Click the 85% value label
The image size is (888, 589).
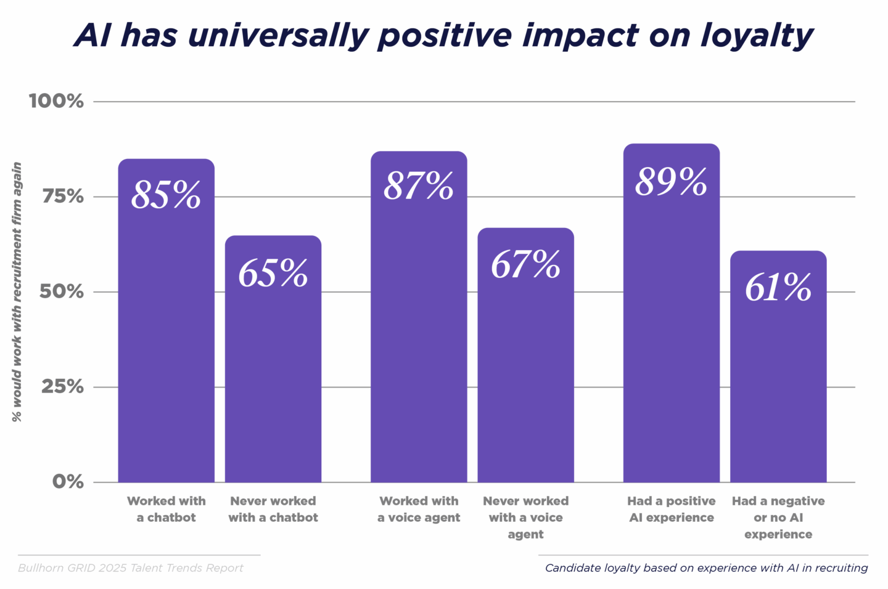(166, 195)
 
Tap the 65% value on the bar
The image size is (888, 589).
(273, 273)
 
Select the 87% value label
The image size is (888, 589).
(419, 186)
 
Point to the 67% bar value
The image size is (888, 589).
(525, 264)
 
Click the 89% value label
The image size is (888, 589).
(671, 182)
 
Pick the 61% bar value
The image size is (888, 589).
(778, 288)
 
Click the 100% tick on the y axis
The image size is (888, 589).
(56, 101)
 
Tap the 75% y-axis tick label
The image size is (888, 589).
(62, 197)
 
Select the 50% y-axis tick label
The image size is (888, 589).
(62, 291)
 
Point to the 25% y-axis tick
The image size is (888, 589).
(62, 387)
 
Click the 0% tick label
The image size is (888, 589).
(67, 482)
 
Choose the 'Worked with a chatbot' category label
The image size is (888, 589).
(166, 510)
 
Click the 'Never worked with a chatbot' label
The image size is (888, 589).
(273, 510)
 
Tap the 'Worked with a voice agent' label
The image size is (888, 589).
(419, 510)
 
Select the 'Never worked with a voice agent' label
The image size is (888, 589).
(525, 518)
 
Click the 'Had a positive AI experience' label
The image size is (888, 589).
(671, 510)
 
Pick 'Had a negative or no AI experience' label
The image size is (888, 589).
(778, 518)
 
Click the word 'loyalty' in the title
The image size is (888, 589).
(757, 36)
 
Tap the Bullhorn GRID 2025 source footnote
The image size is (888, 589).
(131, 568)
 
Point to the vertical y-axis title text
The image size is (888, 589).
(17, 291)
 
